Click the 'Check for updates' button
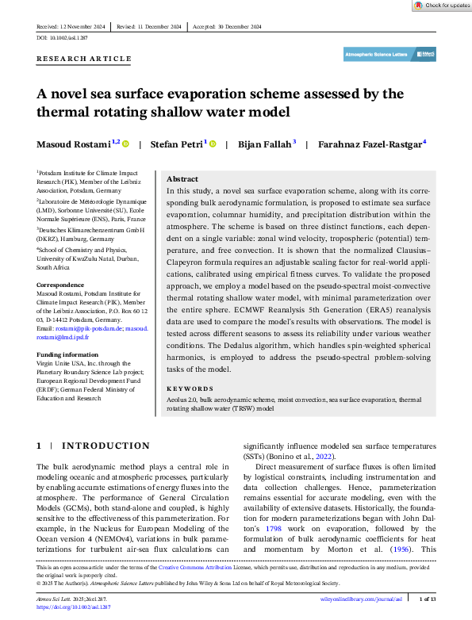click(x=442, y=5)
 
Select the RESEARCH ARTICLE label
click(x=84, y=59)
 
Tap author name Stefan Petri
click(x=178, y=144)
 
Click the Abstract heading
click(x=182, y=180)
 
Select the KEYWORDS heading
click(x=190, y=389)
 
